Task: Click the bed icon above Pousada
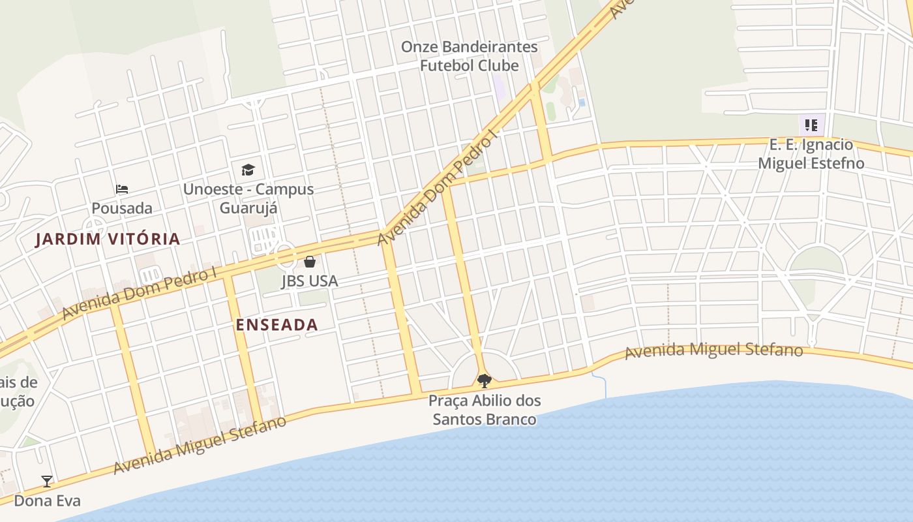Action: click(122, 189)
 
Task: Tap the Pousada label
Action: click(122, 208)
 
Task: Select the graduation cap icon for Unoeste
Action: click(248, 170)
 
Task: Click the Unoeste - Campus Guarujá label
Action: click(248, 198)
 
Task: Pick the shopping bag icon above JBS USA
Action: click(310, 262)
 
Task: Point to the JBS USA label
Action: click(310, 281)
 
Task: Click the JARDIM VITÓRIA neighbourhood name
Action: click(108, 239)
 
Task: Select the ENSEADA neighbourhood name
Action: click(277, 325)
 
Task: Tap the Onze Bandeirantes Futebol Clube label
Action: click(470, 55)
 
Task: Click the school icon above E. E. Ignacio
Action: click(811, 125)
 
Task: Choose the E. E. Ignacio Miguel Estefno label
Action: click(811, 154)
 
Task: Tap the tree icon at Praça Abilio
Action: click(484, 380)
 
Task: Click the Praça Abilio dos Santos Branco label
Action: click(485, 410)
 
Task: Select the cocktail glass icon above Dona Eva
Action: click(47, 482)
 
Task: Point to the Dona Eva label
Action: click(48, 500)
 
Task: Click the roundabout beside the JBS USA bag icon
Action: click(286, 256)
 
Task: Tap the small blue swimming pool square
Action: click(582, 102)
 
